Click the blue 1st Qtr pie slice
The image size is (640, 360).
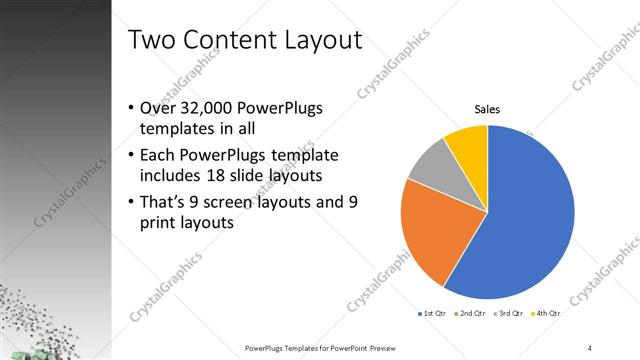[x=525, y=215]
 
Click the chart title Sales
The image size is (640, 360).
[x=487, y=110]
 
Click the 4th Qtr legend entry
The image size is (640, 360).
[x=548, y=313]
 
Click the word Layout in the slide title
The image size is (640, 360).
[x=317, y=40]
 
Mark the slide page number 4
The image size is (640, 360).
[x=590, y=347]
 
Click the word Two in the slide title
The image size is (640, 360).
[x=152, y=40]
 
